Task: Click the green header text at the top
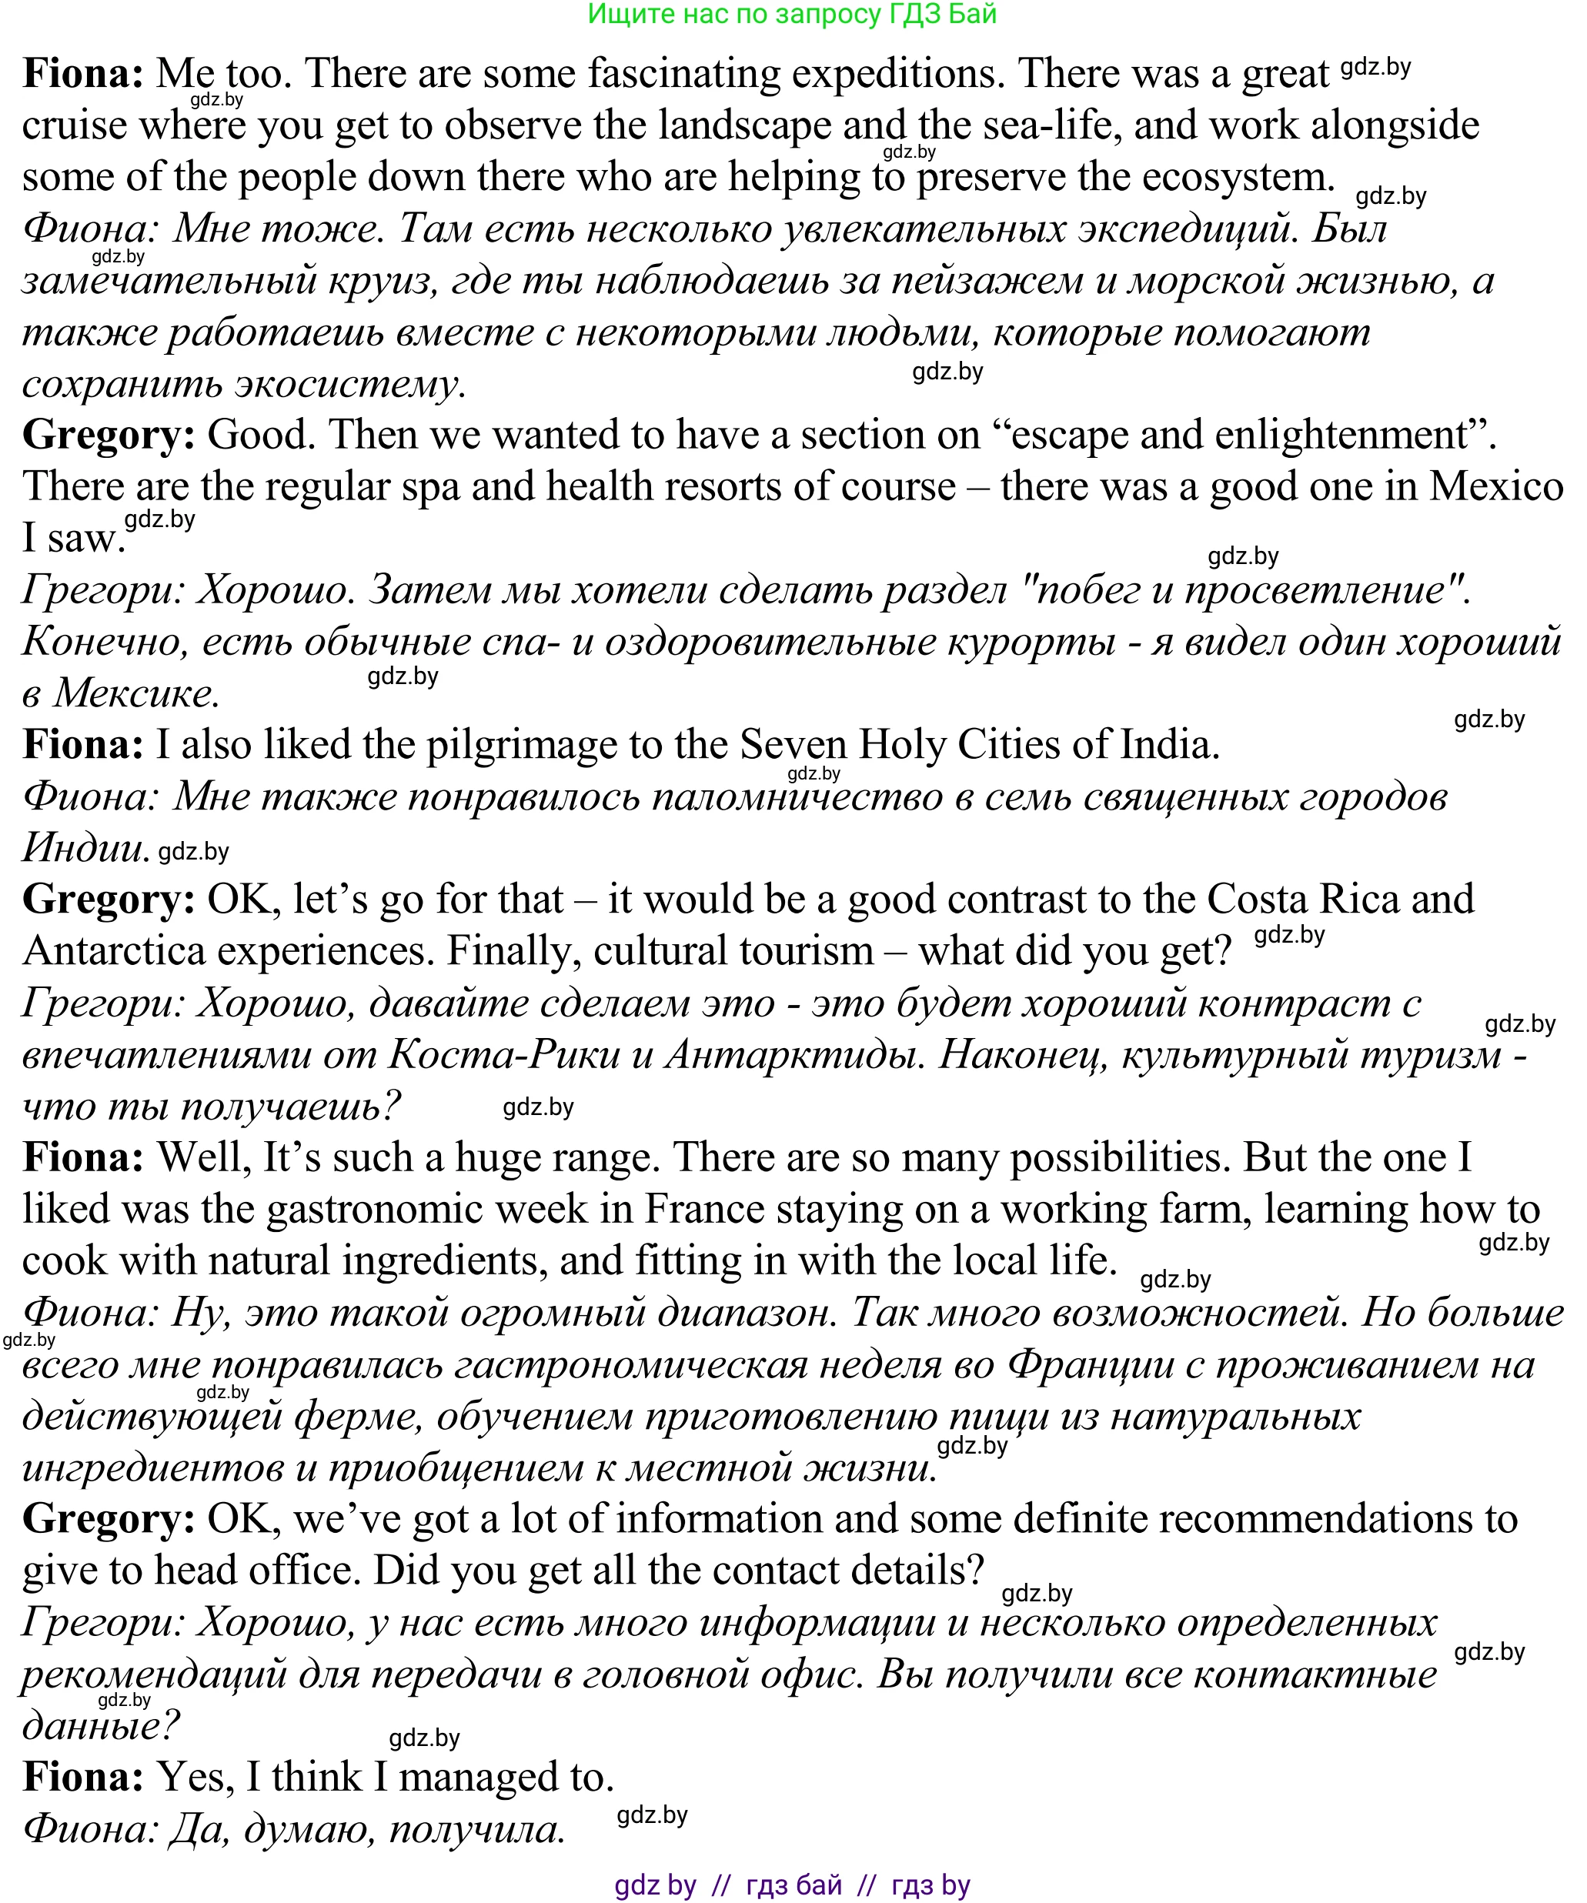tap(792, 15)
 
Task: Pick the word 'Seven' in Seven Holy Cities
tap(793, 746)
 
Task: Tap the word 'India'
tap(1169, 746)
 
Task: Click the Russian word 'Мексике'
tap(137, 695)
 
